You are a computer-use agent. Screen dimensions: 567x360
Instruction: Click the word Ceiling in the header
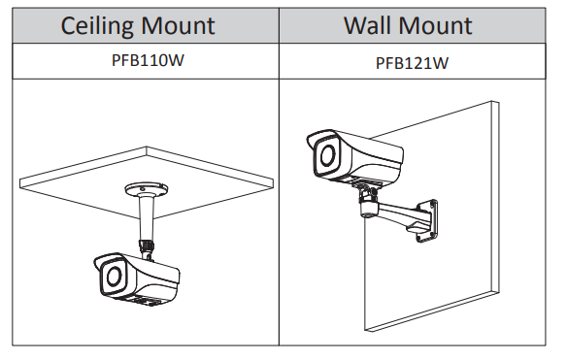tap(97, 26)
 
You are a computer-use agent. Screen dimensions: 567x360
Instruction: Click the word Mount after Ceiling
tap(178, 25)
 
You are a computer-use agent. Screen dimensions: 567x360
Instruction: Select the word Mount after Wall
tap(436, 25)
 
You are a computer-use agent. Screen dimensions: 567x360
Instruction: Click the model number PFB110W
tap(148, 60)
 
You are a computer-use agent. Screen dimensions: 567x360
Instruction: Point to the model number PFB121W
tap(412, 63)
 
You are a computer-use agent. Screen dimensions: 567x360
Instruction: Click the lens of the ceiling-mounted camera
tap(114, 277)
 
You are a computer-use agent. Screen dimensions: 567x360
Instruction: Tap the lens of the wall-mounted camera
tap(328, 155)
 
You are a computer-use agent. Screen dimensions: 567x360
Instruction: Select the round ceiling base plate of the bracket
tap(147, 190)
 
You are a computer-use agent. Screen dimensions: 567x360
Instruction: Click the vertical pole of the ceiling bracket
tap(147, 218)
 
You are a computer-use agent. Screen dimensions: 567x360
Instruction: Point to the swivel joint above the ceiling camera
tap(147, 248)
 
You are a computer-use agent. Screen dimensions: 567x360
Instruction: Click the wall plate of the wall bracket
tap(427, 220)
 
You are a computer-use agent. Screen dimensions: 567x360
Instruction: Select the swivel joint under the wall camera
tap(369, 203)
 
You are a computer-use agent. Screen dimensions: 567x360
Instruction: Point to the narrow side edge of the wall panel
tap(495, 197)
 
